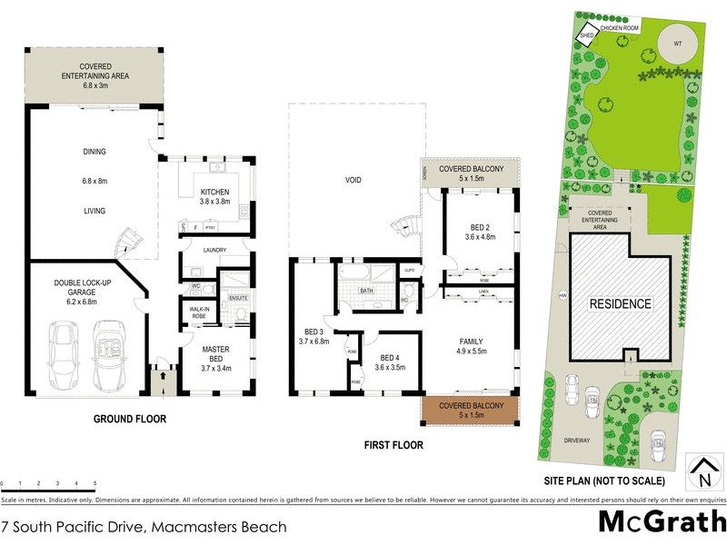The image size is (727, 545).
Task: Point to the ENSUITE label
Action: pos(238,298)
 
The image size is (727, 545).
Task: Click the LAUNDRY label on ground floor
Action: pos(214,250)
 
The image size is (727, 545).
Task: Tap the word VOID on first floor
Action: pos(354,180)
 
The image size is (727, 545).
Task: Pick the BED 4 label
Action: pos(389,362)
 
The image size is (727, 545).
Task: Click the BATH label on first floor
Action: pos(366,292)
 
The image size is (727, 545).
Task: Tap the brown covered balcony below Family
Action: pos(469,410)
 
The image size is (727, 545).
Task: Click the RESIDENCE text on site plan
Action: pos(622,303)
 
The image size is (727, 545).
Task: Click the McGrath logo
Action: pos(661,521)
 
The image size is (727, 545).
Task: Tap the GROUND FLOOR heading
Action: pos(130,420)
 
